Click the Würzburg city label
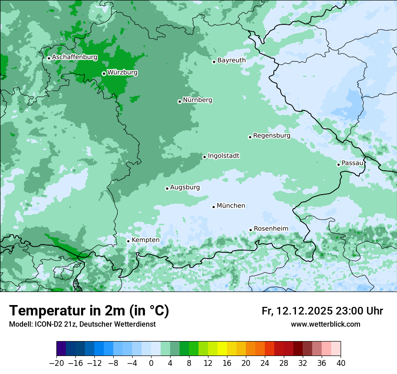(122, 73)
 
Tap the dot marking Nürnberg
(180, 101)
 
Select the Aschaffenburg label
(74, 57)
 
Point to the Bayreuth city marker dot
(214, 62)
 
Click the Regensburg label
(272, 136)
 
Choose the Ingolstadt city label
(223, 156)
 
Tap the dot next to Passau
(338, 164)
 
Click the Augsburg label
(185, 187)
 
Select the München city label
(231, 206)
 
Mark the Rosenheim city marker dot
(251, 230)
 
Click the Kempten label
(145, 240)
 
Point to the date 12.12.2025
(305, 311)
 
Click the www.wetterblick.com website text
(325, 324)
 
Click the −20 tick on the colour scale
(56, 363)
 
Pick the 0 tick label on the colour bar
(151, 363)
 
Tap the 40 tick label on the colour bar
(341, 363)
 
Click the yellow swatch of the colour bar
(222, 349)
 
